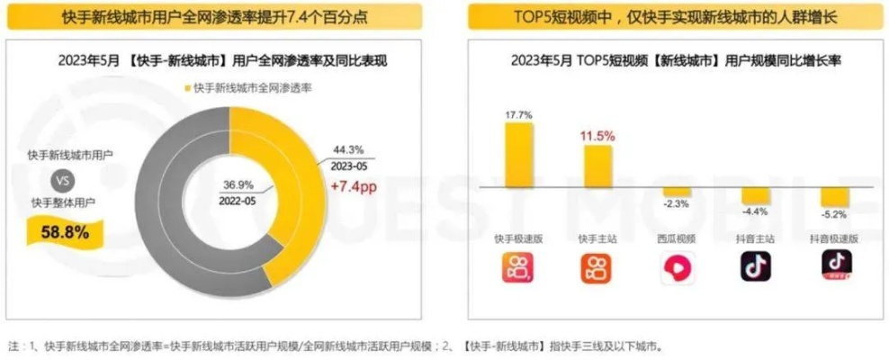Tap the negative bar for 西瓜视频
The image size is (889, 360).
[x=677, y=192]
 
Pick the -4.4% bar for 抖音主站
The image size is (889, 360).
[x=755, y=195]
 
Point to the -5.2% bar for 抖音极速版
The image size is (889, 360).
[x=834, y=197]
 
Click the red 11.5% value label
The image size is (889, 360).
[x=597, y=136]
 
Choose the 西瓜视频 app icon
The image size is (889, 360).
[x=677, y=266]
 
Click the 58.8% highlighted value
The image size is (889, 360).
[x=65, y=233]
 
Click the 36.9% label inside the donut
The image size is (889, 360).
[x=239, y=185]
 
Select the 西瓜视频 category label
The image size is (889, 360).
[x=677, y=238]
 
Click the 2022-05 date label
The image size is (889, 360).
[x=239, y=202]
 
